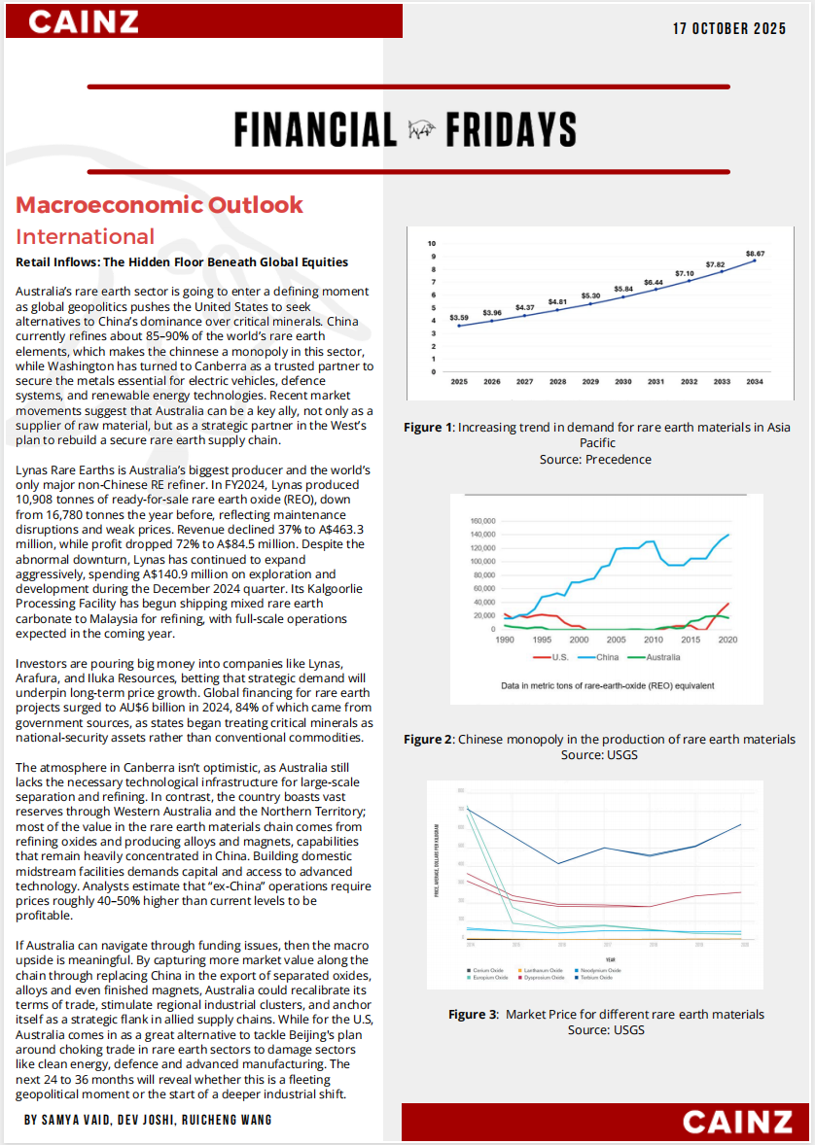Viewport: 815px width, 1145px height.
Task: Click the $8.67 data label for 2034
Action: pos(755,253)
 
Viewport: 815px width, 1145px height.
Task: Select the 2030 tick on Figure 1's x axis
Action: pos(622,382)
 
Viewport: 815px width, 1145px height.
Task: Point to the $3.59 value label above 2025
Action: pos(459,318)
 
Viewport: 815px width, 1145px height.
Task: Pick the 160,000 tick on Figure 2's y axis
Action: pos(481,521)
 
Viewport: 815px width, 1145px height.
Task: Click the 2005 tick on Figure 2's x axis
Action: pos(616,640)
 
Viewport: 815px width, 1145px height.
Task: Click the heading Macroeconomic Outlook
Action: pos(159,205)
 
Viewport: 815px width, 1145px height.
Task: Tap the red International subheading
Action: pos(86,236)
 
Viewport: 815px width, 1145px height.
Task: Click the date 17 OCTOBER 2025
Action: pos(729,28)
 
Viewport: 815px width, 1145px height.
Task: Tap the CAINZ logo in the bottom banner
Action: pos(737,1121)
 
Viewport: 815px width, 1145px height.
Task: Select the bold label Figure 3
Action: pos(472,1014)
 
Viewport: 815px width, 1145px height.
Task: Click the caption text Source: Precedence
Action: pos(595,459)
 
